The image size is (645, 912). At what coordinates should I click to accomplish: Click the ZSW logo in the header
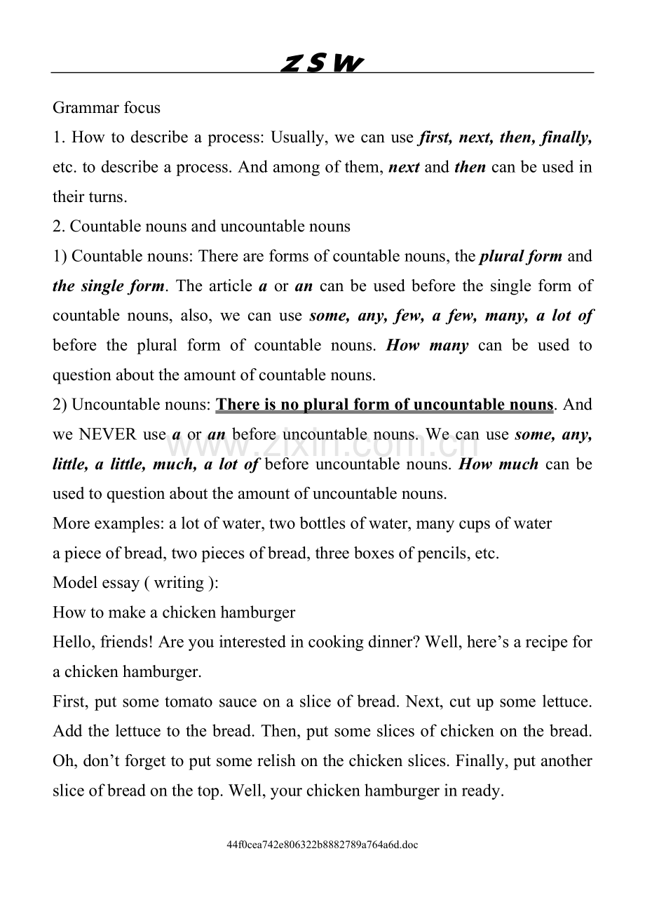tap(322, 64)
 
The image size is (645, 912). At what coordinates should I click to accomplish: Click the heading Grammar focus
tap(107, 108)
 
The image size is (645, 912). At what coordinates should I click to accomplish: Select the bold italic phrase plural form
tap(521, 256)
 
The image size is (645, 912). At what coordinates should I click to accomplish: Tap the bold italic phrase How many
tap(428, 345)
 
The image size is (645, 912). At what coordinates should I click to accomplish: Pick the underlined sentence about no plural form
tap(384, 405)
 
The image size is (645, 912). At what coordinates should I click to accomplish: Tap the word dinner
tap(394, 642)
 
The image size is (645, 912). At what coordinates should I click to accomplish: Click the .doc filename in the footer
tap(322, 845)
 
